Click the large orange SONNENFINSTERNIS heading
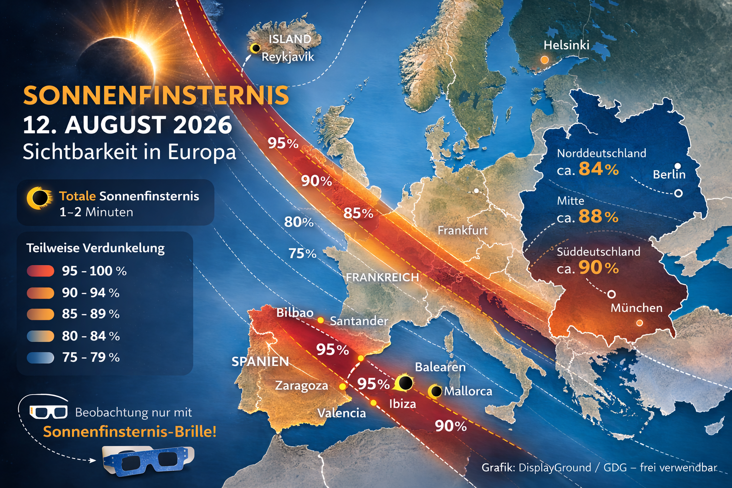coord(156,96)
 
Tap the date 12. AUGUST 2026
coord(127,125)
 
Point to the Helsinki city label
coord(566,45)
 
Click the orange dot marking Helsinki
coord(544,60)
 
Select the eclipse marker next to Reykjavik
coord(255,48)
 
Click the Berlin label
coord(669,174)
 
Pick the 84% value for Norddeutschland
coord(599,169)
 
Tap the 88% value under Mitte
coord(599,217)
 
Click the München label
coord(636,308)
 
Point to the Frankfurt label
coord(462,230)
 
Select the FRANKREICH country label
coord(382,277)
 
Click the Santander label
coord(359,321)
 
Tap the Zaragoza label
coord(301,386)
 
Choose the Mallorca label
coord(468,391)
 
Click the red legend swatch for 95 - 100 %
coord(41,271)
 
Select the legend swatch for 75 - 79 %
coord(41,357)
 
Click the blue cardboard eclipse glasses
coord(149,460)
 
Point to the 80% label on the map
coord(299,222)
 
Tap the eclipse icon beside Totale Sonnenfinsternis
coord(39,198)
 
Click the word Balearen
coord(440,367)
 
